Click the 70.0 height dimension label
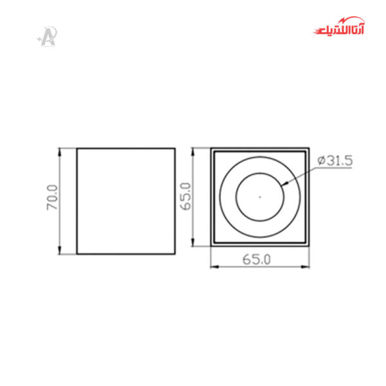[x=52, y=200]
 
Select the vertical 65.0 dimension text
[x=187, y=197]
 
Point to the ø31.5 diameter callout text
[x=335, y=161]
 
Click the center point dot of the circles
[x=259, y=196]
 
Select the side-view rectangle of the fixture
[x=126, y=201]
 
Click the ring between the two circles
[x=228, y=196]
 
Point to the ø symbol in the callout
[x=321, y=161]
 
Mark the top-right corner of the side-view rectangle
[x=175, y=148]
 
